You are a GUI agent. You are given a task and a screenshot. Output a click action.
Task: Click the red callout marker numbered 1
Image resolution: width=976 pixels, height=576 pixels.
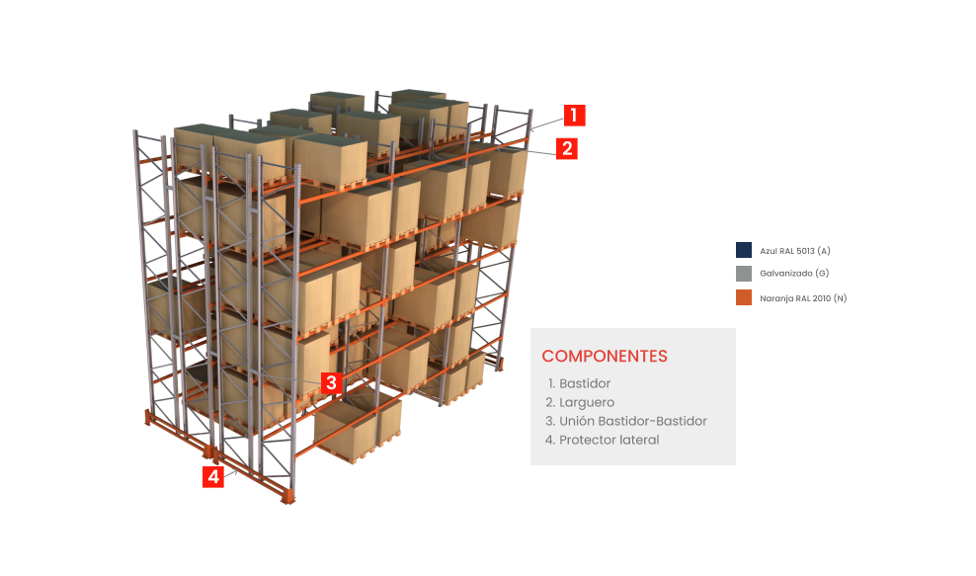[574, 116]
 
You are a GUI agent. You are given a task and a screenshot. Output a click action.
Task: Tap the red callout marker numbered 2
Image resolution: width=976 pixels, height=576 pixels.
[566, 149]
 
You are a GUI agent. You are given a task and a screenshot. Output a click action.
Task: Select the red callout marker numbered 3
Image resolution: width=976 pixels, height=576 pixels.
[331, 382]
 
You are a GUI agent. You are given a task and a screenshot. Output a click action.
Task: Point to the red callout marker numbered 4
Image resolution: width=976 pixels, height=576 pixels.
[212, 477]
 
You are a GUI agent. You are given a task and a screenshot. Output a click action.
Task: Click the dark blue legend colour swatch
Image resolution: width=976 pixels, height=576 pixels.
[744, 250]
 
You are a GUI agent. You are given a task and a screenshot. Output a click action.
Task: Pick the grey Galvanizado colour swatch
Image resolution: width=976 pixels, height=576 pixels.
[744, 274]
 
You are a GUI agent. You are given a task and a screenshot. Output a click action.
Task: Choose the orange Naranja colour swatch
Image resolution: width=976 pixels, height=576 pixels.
[744, 297]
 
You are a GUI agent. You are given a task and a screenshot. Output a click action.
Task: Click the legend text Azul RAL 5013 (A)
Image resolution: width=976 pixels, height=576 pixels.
[795, 251]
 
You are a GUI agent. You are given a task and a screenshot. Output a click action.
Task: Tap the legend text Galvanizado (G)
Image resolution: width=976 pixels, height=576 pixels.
[794, 274]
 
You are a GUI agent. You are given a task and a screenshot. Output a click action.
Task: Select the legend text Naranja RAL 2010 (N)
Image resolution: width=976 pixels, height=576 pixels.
[803, 298]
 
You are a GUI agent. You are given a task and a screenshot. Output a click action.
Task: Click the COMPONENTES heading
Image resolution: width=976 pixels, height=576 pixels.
[605, 357]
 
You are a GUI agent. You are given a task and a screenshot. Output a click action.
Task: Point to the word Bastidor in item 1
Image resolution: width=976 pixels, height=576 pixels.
[585, 383]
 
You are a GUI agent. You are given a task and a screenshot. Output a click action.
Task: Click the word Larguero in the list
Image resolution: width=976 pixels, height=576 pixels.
[587, 403]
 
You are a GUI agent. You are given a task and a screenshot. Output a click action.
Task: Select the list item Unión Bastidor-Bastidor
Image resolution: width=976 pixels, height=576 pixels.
[626, 421]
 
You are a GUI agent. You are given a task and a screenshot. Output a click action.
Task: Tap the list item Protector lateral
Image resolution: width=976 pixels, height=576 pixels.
[602, 440]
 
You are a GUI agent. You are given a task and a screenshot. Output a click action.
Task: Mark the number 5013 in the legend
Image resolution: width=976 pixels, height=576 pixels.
[805, 251]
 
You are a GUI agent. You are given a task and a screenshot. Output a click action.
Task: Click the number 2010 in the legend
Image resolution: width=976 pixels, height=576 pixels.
[821, 298]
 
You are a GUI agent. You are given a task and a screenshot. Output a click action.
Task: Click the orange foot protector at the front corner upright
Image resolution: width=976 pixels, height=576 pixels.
[286, 496]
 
